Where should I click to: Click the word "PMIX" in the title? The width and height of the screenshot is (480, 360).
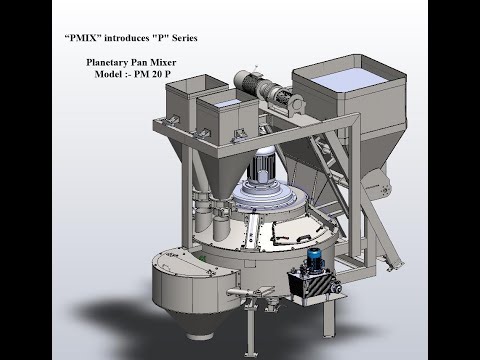(83, 36)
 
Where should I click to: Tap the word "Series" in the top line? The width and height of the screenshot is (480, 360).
(189, 36)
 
